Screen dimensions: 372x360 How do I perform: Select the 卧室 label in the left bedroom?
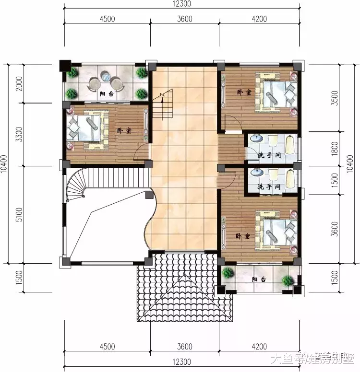coord(123,130)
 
